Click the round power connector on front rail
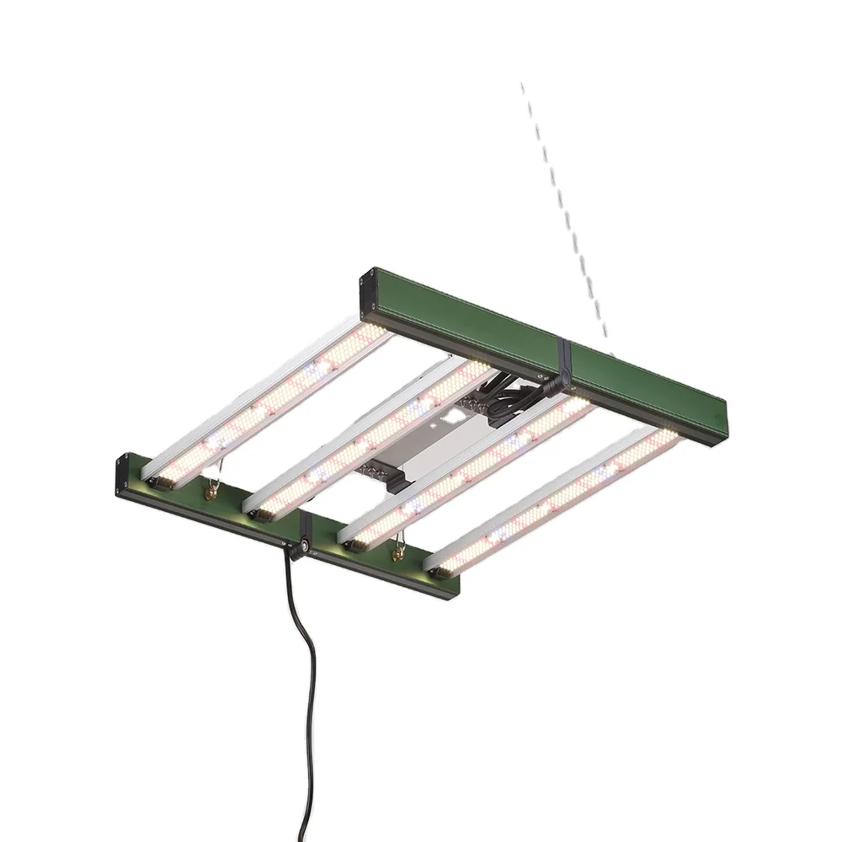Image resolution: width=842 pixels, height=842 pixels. click(x=298, y=547)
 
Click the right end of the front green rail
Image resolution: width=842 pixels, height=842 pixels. click(x=453, y=587)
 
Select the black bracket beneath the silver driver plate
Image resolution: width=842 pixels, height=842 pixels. click(x=396, y=480)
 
